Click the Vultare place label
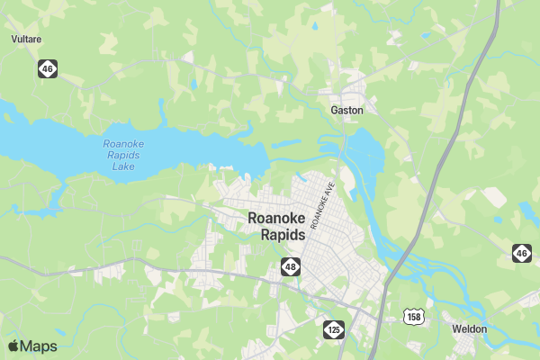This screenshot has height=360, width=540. tap(26, 40)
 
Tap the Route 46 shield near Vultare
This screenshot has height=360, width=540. tap(47, 68)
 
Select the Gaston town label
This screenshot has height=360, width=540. tap(346, 110)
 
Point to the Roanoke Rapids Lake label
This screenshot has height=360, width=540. tap(124, 155)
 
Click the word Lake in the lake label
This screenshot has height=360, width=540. tap(124, 166)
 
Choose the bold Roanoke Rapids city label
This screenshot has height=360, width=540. tap(276, 226)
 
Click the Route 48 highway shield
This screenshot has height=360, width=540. tap(290, 266)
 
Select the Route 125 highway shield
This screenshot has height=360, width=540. tap(334, 329)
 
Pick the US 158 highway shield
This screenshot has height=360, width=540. tap(413, 316)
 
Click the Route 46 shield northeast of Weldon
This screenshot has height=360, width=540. tap(521, 254)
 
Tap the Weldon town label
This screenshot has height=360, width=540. tap(470, 329)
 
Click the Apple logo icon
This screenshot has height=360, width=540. tap(13, 346)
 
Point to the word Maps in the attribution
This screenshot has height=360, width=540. tap(39, 346)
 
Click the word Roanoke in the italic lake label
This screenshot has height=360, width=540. tap(124, 143)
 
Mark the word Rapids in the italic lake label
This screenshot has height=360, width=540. tap(124, 155)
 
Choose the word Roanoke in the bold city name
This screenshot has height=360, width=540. tap(276, 218)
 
